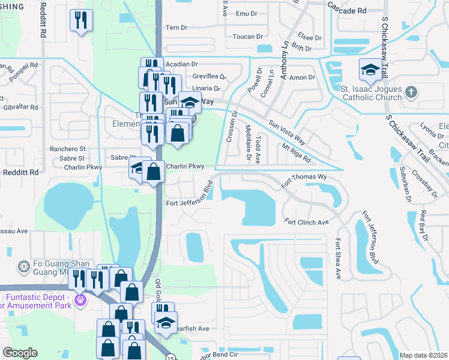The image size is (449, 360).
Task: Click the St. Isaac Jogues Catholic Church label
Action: (x=370, y=93)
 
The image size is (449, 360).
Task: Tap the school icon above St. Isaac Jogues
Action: (x=370, y=70)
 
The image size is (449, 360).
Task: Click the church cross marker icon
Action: (x=411, y=92)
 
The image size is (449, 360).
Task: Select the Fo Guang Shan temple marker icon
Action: (x=23, y=266)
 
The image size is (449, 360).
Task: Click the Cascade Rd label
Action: (x=347, y=11)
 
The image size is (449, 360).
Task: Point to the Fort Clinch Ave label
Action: (x=307, y=222)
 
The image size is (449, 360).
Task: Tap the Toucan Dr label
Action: (x=244, y=37)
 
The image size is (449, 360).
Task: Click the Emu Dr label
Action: (x=246, y=13)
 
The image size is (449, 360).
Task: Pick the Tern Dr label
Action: (x=176, y=28)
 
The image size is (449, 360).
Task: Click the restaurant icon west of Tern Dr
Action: (x=80, y=22)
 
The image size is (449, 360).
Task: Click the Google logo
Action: (x=20, y=353)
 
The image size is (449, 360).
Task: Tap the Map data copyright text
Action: (x=424, y=355)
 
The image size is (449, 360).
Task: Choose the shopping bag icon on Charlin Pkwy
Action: (x=154, y=172)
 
